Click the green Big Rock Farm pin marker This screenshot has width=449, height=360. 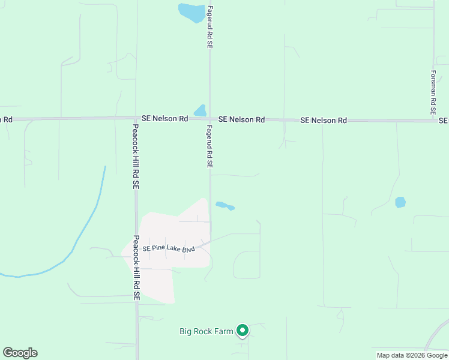[243, 330]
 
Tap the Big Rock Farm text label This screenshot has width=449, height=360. [206, 331]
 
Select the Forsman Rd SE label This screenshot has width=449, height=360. [432, 92]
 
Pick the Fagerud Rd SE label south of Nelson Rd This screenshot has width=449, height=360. [210, 146]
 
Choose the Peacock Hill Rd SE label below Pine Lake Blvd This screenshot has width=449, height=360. [136, 268]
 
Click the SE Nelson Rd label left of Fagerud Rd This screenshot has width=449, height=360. [164, 119]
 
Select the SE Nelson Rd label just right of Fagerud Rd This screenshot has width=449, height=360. [241, 120]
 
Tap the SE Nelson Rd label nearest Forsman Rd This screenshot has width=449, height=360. [324, 121]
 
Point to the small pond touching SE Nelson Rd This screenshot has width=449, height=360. [200, 111]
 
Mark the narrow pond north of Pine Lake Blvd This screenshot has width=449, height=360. [224, 206]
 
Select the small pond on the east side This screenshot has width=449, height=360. [400, 202]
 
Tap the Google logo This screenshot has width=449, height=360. [20, 353]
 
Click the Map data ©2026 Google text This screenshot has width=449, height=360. [411, 355]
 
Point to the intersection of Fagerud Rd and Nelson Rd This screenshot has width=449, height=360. [209, 119]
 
